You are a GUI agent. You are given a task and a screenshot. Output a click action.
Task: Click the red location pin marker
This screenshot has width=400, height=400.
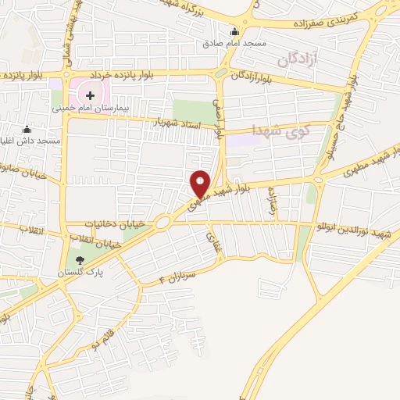201,183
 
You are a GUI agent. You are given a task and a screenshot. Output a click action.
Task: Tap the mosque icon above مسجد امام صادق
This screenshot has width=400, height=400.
234,32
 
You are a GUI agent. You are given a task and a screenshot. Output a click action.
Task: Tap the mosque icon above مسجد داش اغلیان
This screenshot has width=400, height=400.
28,129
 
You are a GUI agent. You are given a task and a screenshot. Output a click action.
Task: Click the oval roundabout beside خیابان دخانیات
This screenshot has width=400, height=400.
162,223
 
